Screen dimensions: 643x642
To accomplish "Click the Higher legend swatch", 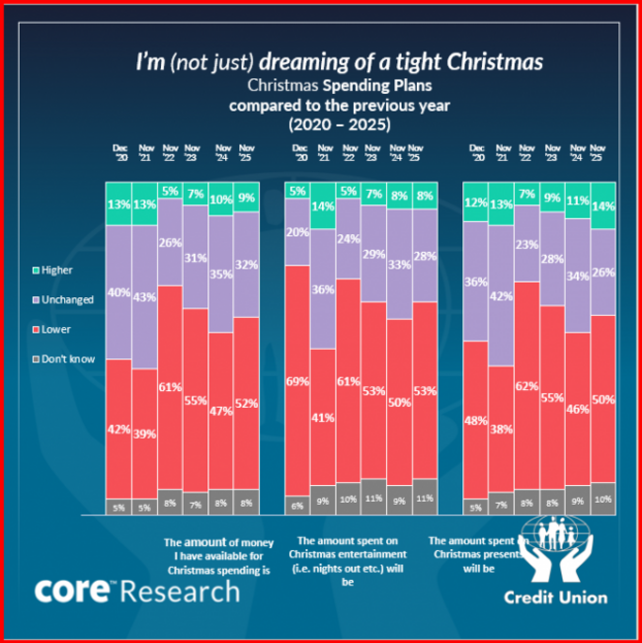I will click(35, 270).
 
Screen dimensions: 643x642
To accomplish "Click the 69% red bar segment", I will click(297, 379).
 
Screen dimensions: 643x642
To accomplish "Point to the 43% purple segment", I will click(144, 296).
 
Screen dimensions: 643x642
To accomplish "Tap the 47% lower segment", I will click(221, 410).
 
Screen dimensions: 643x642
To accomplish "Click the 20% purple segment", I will click(297, 232).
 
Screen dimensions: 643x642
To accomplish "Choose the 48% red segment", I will click(476, 420).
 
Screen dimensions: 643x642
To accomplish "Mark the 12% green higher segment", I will click(476, 201).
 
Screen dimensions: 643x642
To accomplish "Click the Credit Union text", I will click(555, 597).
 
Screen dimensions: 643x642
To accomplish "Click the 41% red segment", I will click(323, 417).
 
